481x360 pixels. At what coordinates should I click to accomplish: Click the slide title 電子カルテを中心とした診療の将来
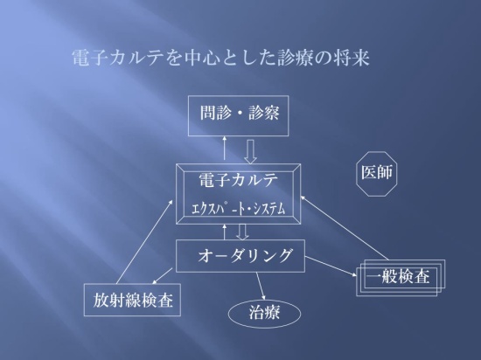(x=221, y=58)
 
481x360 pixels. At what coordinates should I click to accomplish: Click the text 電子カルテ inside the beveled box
(x=239, y=180)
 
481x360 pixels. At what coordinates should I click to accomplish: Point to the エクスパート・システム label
(x=239, y=209)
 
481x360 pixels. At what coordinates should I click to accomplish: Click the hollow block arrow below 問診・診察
(x=251, y=152)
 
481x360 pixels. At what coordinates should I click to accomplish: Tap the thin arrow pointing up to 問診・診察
(x=225, y=148)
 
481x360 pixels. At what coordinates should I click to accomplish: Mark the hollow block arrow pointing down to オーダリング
(x=242, y=232)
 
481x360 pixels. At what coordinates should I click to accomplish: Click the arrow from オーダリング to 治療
(x=261, y=286)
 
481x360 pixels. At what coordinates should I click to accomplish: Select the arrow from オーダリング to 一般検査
(x=331, y=267)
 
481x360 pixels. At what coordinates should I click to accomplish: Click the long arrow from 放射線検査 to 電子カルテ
(x=145, y=241)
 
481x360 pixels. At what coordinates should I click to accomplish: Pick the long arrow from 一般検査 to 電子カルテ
(x=345, y=228)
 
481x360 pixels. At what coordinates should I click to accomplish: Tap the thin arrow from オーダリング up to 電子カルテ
(x=225, y=232)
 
